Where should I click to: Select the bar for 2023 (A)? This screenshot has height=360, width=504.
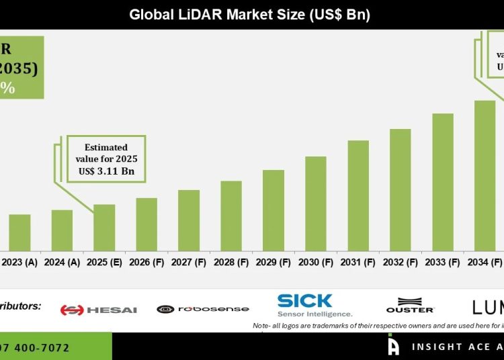tap(19, 232)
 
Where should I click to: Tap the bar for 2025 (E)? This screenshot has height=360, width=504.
tap(104, 227)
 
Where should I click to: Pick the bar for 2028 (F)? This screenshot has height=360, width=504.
tap(231, 216)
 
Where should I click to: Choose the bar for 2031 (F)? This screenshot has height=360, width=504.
tap(358, 195)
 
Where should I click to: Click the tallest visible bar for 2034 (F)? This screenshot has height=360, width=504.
tap(485, 175)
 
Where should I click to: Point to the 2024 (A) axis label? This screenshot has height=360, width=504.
tap(62, 263)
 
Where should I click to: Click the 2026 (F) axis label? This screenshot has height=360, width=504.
tap(146, 263)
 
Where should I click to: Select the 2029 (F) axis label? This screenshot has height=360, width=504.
tap(274, 263)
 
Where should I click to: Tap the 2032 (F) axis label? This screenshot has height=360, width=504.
tap(401, 263)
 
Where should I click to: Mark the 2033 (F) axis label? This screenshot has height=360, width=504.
tap(443, 263)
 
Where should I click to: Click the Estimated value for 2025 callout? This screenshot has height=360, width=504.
tap(106, 159)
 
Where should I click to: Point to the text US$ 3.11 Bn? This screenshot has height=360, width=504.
tap(106, 172)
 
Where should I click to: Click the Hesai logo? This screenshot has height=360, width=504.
tap(98, 310)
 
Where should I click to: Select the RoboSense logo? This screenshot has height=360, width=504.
tap(203, 309)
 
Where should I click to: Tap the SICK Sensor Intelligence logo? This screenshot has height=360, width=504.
tap(314, 305)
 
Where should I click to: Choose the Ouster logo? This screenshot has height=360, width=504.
tap(410, 306)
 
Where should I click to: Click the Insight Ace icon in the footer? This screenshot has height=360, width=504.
tap(394, 346)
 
